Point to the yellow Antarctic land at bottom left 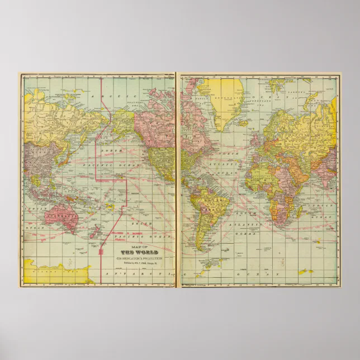click(56, 274)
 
